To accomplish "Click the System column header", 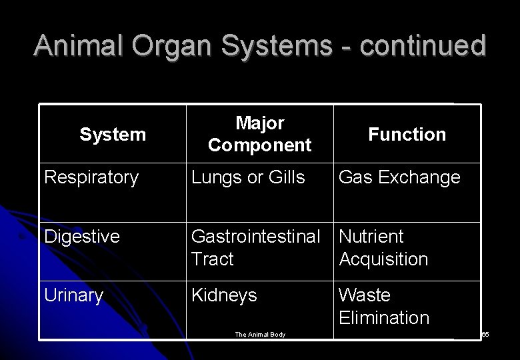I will pos(112,135).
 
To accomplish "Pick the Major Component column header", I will pos(259,134).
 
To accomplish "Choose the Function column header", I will pos(407,135).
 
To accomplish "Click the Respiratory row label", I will pos(91,177).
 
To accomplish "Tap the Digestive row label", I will pos(82,237).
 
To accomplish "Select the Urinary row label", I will pos(73,295).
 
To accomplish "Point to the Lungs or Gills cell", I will pos(248,177).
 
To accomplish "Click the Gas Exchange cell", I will pos(399,177).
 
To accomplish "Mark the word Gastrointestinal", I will pos(256,237).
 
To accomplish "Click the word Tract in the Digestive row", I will pos(213,259).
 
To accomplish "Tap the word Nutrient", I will pos(371,237).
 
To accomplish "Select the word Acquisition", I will pos(383,259).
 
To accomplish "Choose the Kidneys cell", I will pos(224,295).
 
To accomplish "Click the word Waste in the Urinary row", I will pos(365,295).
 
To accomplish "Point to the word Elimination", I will pos(384,318).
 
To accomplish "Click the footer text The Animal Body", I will pos(260,335).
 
